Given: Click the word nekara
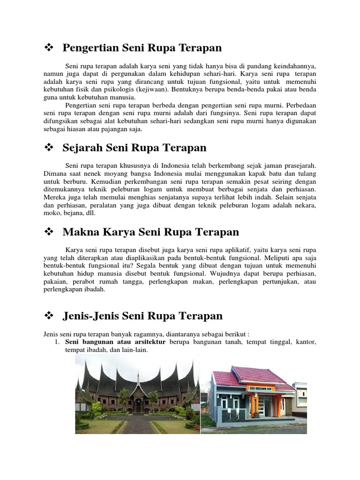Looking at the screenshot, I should (304, 206).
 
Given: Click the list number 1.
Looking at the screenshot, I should (57, 343).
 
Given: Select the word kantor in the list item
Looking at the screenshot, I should (306, 343).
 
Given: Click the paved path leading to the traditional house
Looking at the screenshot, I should (138, 424).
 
